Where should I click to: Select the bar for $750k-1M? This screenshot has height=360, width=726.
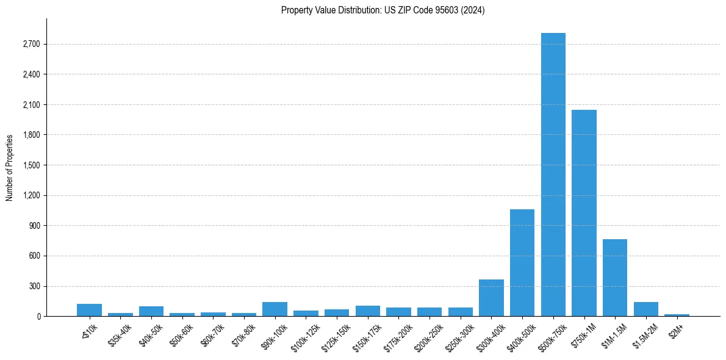coord(584,213)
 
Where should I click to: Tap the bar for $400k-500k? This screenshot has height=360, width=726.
coord(522,263)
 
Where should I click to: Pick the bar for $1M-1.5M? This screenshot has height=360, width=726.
coord(614,278)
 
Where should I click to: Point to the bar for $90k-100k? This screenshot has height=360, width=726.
coord(275,309)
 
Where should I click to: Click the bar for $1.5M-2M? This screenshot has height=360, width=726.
coord(645,309)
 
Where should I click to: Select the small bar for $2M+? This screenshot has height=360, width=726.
coord(677,315)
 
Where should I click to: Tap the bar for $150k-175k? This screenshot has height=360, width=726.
coord(367,311)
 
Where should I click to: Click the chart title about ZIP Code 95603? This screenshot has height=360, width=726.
coord(383,10)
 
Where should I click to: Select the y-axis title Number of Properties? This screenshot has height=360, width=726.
coord(10,167)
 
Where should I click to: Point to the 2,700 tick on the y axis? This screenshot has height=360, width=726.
coord(31,45)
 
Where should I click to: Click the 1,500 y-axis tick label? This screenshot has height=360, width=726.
coord(31,165)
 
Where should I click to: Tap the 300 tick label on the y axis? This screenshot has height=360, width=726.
coord(34,286)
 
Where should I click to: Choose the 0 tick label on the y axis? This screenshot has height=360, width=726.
coord(38,317)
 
